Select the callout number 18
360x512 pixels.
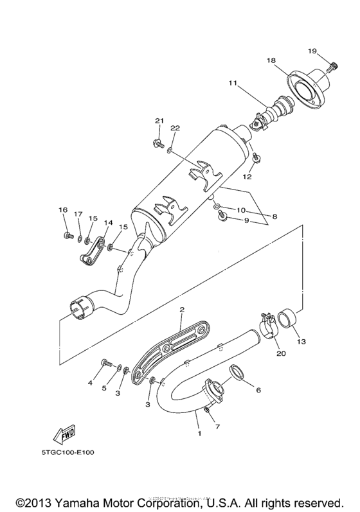[x=271, y=60]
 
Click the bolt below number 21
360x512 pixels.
[x=157, y=143]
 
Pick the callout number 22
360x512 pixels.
[x=175, y=128]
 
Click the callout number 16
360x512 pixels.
[x=62, y=211]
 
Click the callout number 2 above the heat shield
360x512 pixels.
[x=182, y=310]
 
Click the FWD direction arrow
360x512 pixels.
[x=66, y=436]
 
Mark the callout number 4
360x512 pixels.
[x=91, y=384]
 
